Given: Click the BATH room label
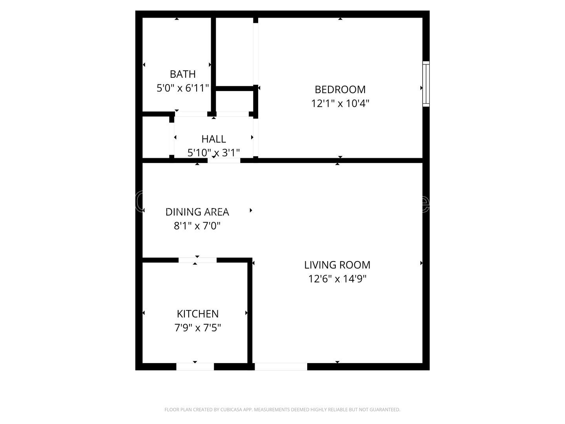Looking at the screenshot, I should click(182, 74).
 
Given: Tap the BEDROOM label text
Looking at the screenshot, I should click(340, 89).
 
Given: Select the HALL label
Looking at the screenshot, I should click(213, 139).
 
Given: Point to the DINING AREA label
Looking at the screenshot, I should click(197, 212).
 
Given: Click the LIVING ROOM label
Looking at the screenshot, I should click(337, 265).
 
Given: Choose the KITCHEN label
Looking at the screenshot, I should click(197, 314).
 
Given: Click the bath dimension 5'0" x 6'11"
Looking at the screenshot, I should click(182, 88).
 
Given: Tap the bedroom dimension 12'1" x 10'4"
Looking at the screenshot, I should click(340, 104).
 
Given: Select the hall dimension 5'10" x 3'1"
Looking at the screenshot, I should click(213, 152).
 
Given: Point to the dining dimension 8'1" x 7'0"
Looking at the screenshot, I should click(197, 226).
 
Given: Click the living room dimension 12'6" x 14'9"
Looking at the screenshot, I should click(337, 279).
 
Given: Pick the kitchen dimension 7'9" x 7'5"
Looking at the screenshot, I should click(197, 328).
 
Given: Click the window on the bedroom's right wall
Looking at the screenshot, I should click(426, 84).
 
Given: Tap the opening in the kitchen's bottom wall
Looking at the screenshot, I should click(195, 367).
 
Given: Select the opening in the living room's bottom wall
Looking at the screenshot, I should click(281, 367).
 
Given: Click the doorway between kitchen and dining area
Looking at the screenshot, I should click(197, 260).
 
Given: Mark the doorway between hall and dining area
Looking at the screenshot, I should click(224, 160).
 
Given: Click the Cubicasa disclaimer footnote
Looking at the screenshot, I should click(282, 410).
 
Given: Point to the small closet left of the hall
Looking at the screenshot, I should click(156, 137).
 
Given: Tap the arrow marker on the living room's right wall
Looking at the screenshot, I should click(421, 263).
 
